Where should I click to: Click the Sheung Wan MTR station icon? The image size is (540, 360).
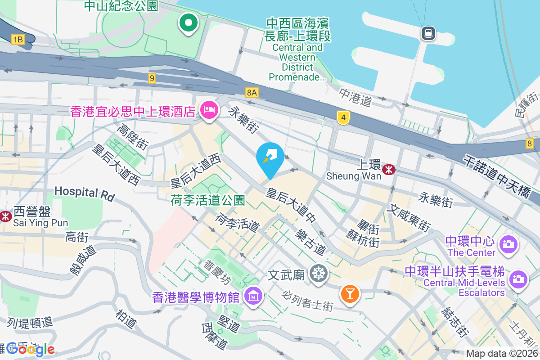coord(388,169)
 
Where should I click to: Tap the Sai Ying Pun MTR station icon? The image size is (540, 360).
coord(6,216)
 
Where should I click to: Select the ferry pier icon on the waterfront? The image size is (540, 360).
coord(427,33)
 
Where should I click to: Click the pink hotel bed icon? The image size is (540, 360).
coord(209,109)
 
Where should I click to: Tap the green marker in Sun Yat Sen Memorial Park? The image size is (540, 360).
coord(189,22)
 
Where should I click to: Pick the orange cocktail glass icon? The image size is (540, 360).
coord(350,294)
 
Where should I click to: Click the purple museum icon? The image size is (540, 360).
coord(253,296)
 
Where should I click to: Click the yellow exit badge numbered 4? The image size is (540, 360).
coord(343,118)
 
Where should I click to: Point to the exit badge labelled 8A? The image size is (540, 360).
coord(252,93)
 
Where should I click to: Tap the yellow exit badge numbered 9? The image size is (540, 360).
coord(152,78)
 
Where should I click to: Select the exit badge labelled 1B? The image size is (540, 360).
coord(18,40)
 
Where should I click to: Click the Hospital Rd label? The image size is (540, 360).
coord(85,193)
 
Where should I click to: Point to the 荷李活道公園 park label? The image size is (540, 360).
coord(207,200)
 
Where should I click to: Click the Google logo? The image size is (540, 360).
coord(31,349)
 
